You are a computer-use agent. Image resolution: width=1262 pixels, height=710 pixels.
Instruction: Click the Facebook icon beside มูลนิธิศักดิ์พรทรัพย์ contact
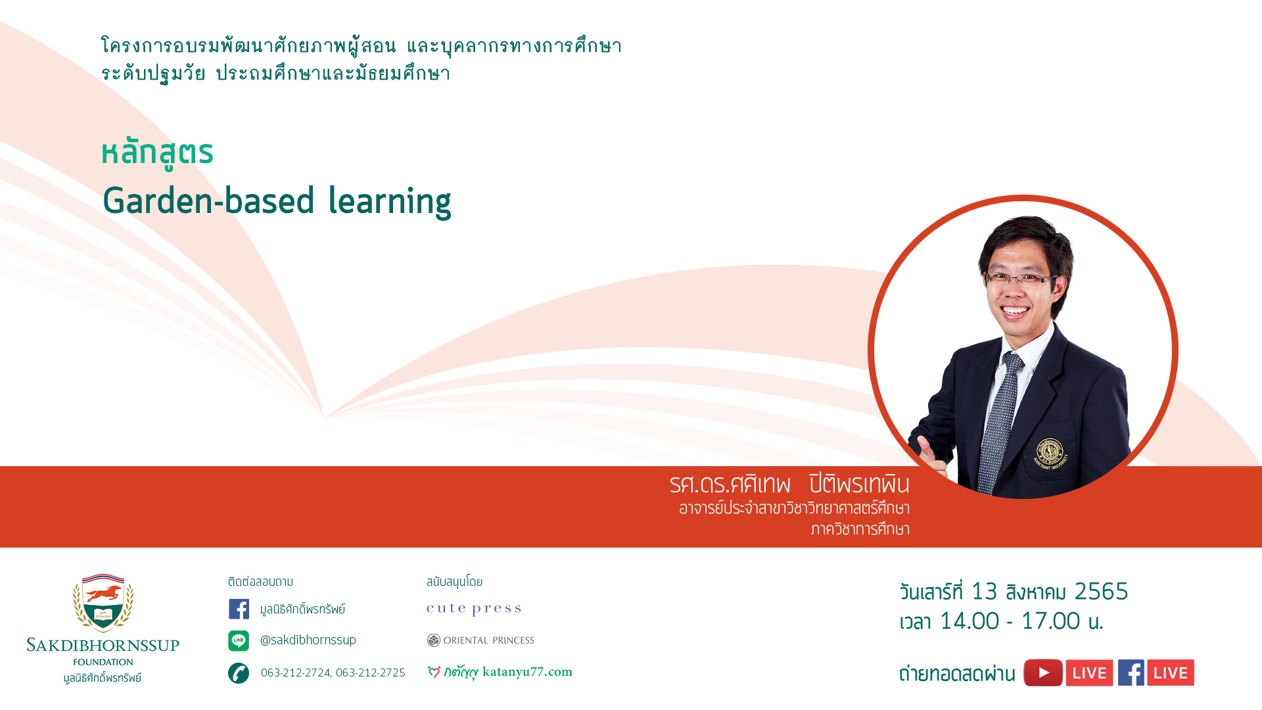pos(239,609)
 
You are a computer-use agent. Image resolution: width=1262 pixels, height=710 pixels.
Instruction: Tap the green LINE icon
pos(239,640)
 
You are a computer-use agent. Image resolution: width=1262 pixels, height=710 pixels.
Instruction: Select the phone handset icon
pos(239,673)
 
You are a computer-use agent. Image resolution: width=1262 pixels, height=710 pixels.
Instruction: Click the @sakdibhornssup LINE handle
pos(308,640)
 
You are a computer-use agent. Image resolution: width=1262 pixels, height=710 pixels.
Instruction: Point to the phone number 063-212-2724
pos(296,673)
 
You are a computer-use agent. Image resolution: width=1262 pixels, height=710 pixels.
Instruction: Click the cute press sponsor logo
pos(474,609)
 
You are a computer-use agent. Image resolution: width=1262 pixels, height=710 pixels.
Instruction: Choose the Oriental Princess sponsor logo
pos(480,640)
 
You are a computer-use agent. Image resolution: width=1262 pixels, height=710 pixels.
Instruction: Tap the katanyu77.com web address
pos(527,672)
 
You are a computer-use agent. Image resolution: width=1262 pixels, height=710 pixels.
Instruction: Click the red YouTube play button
pos(1043,673)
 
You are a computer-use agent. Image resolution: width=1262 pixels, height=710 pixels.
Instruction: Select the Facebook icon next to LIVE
pos(1131,673)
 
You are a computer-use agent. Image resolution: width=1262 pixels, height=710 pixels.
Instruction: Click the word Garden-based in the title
pos(209,201)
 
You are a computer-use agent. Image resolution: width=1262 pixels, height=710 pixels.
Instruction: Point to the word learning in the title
pos(390,202)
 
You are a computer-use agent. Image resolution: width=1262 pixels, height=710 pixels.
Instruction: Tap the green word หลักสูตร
pos(158,152)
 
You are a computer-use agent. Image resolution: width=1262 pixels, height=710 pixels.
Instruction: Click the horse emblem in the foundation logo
pos(103,593)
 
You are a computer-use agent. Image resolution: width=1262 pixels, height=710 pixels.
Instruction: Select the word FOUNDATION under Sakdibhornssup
pos(103,662)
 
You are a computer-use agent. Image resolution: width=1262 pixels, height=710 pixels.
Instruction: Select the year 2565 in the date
pos(1101,592)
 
